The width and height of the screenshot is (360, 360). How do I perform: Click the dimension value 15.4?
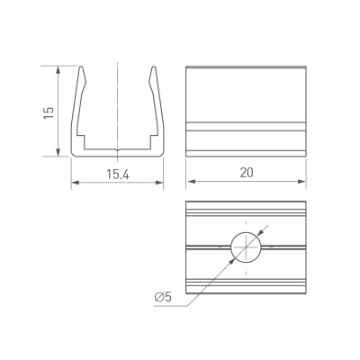click(117, 174)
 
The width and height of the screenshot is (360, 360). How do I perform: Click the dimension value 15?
click(49, 111)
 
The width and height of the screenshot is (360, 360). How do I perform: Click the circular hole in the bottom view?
click(245, 246)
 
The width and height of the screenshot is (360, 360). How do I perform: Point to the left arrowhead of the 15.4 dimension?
click(74, 184)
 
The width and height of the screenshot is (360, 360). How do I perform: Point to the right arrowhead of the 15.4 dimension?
click(161, 184)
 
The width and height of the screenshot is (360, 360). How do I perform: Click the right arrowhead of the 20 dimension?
click(303, 184)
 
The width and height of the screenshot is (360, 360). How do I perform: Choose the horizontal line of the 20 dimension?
click(225, 184)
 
